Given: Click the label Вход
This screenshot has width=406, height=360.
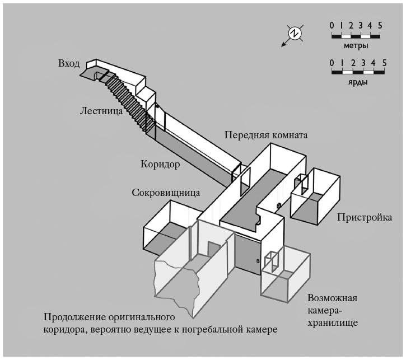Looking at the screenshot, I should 69,63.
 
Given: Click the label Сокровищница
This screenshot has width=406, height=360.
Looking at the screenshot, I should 166,193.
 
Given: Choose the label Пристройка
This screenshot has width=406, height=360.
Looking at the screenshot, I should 365,217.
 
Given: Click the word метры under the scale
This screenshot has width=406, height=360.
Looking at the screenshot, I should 356,45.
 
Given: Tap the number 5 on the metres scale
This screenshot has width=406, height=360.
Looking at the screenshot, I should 380,25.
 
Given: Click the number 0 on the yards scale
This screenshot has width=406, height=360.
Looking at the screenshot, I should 333,62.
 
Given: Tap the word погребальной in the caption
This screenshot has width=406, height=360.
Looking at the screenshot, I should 212,329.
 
